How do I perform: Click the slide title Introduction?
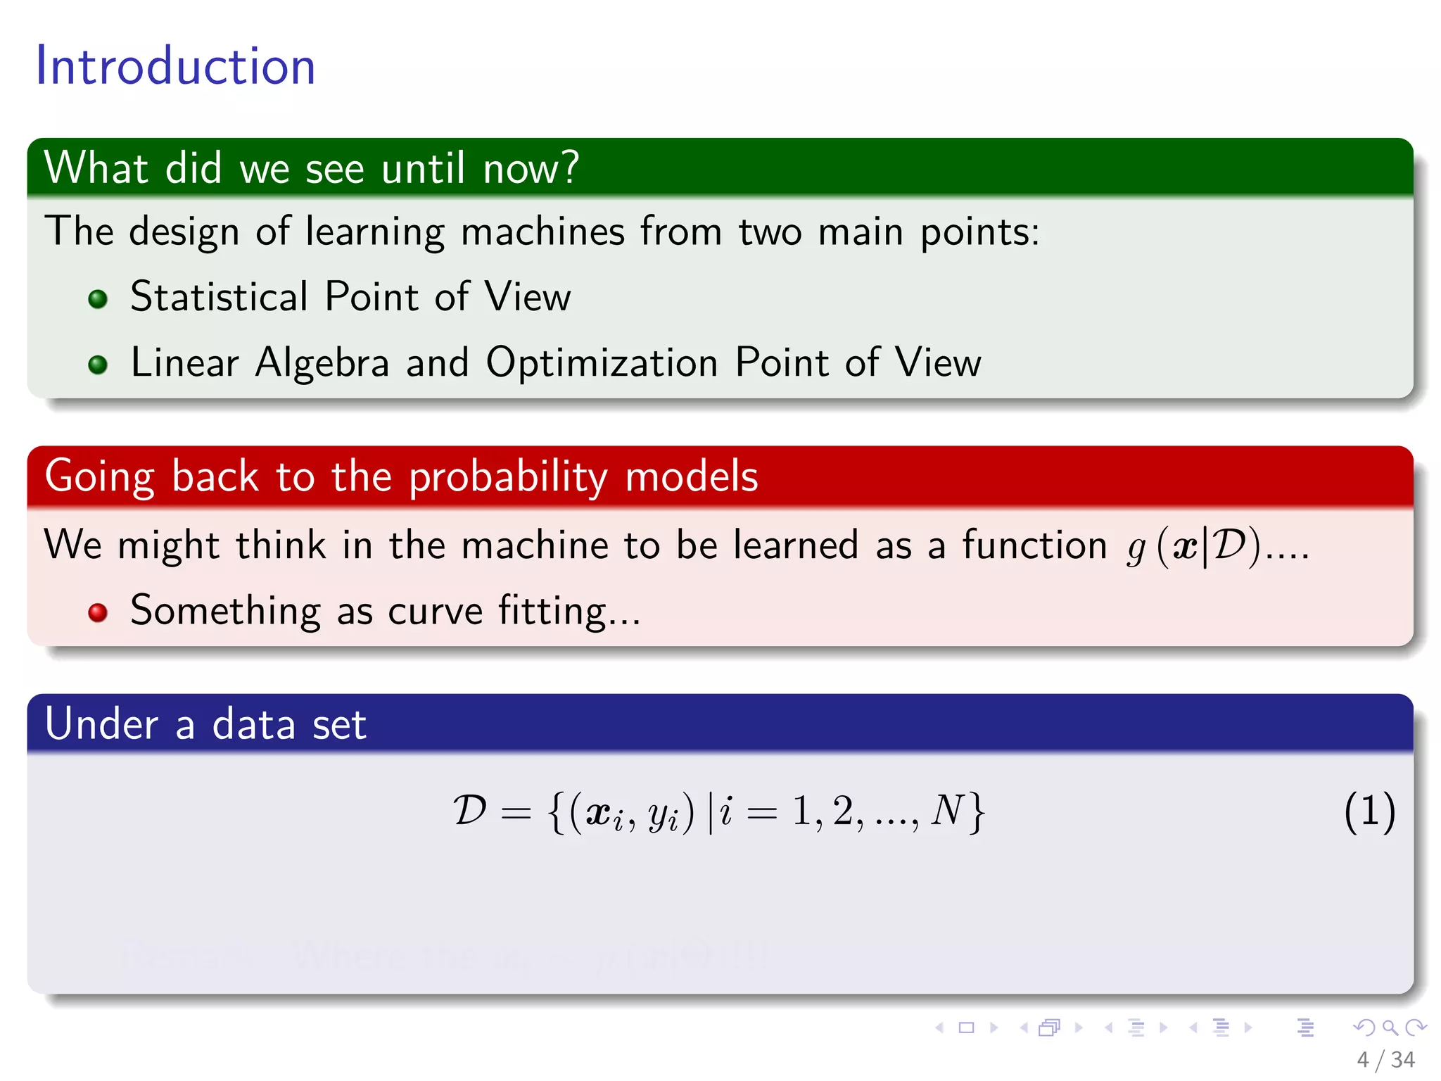(175, 65)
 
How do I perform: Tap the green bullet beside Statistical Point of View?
(98, 299)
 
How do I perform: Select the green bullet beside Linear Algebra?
(98, 365)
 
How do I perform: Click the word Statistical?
(219, 296)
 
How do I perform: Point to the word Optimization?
(602, 362)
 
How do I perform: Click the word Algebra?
(322, 364)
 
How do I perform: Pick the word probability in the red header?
(508, 477)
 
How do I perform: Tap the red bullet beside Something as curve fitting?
(98, 612)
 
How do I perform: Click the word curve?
(435, 611)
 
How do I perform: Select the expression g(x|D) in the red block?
(1193, 546)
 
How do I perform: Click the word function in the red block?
(1034, 545)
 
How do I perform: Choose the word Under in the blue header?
(101, 724)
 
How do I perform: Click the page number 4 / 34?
(1385, 1059)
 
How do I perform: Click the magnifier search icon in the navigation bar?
(1390, 1028)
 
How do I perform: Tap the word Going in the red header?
(99, 477)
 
